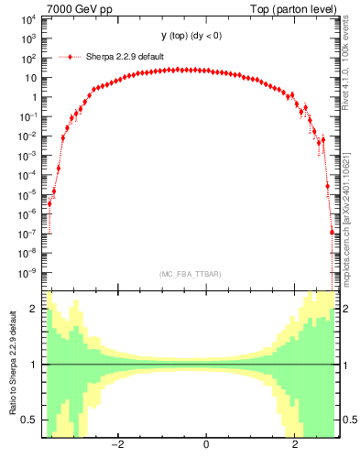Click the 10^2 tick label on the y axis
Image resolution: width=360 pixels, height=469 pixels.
click(29, 58)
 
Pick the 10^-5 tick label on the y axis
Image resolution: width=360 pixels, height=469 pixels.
click(29, 194)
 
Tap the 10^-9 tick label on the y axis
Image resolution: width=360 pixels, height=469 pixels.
click(29, 272)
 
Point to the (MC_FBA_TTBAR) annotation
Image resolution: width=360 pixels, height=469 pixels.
click(191, 274)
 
